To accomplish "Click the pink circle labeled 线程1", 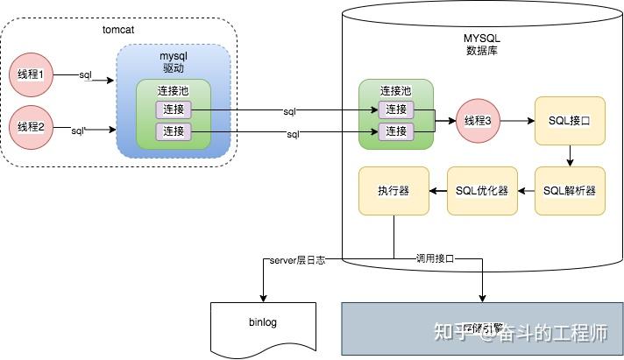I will tap(31, 76).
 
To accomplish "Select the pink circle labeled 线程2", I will tap(31, 128).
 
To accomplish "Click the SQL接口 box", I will tap(570, 121).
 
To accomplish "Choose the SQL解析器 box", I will tap(570, 191).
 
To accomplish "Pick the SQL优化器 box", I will tap(482, 191).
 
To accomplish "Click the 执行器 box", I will tap(394, 191).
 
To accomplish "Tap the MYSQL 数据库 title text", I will tap(481, 44).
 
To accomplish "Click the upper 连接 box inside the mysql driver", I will tap(174, 109).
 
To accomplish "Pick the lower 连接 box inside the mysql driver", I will tap(174, 131).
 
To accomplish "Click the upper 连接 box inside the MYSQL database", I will tap(396, 109).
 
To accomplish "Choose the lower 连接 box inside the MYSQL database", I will tap(396, 131).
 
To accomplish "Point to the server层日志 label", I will tap(297, 260).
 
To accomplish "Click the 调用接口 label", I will tap(436, 260).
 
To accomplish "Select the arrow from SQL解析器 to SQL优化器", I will tap(526, 191).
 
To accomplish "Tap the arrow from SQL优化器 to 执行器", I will tap(437, 191).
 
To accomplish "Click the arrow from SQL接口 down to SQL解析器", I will tap(570, 155).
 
